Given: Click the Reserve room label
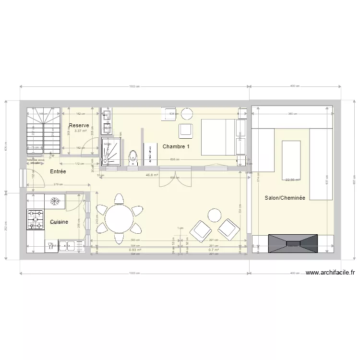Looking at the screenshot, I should click(79, 125).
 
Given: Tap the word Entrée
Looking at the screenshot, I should click(57, 171).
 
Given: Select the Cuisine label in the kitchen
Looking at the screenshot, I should click(59, 222).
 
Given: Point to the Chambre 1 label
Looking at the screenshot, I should click(175, 146).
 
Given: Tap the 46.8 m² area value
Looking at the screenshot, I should click(153, 176).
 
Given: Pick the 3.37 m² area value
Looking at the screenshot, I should click(80, 131).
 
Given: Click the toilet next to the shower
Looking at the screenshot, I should click(133, 157).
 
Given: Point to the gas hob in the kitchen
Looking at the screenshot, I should click(36, 218).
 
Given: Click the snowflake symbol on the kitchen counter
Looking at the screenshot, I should click(55, 200).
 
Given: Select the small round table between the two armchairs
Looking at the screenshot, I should click(214, 216).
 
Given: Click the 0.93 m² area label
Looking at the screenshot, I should click(135, 250).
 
